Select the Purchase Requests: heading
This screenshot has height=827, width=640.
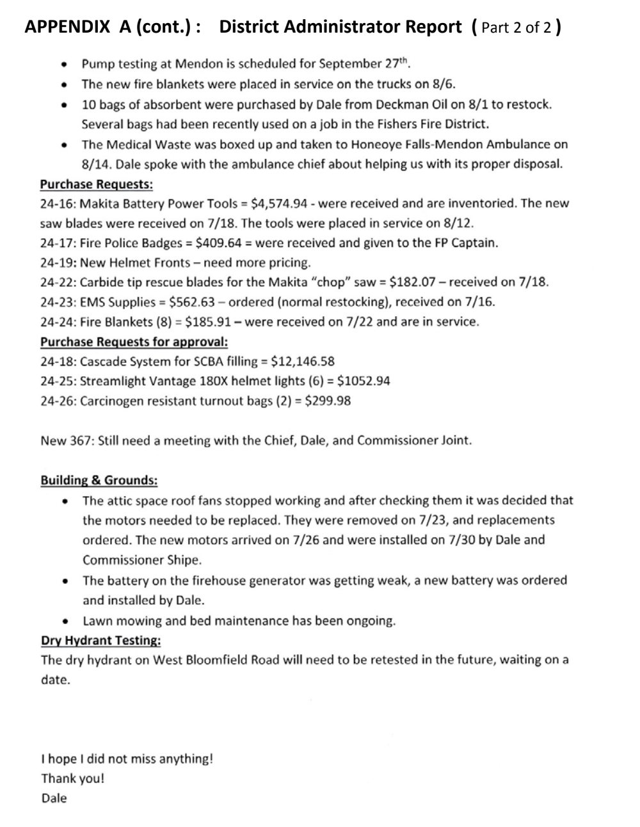point(96,184)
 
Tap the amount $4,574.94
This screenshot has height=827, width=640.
point(282,204)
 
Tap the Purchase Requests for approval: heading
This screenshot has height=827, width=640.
point(134,342)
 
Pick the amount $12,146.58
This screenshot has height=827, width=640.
point(303,362)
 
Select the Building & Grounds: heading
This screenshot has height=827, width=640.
point(99,481)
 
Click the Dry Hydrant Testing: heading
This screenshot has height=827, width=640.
point(100,641)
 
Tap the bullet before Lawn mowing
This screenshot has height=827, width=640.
point(65,621)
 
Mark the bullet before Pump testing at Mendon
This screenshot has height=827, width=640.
point(63,64)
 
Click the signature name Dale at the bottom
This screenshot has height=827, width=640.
point(54,798)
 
